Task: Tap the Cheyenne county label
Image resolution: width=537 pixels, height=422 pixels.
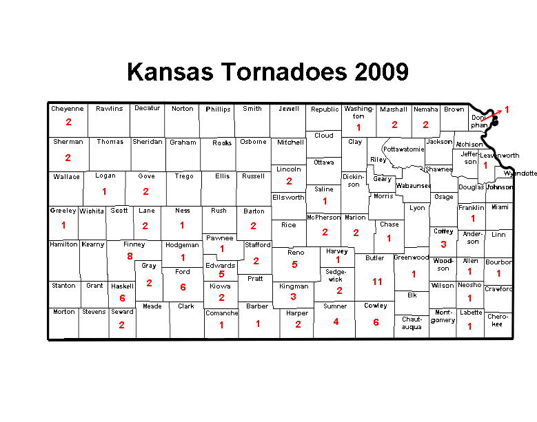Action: click(x=68, y=109)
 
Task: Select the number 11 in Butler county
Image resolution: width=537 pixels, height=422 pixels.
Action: click(x=376, y=282)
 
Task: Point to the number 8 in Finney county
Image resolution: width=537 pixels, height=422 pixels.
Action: click(x=130, y=257)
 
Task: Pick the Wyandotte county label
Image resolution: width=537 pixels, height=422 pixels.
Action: click(x=520, y=173)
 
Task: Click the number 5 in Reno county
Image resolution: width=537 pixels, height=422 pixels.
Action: click(x=294, y=264)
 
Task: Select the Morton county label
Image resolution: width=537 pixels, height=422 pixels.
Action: click(x=64, y=312)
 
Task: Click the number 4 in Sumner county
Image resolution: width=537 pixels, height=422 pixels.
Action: click(x=336, y=321)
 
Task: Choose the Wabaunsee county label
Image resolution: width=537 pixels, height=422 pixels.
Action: click(x=413, y=185)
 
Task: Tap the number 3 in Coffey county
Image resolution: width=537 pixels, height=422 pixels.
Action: click(x=443, y=244)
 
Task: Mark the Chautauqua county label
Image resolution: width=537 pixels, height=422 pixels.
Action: click(x=412, y=323)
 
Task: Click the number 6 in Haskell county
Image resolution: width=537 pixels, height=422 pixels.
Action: click(x=122, y=298)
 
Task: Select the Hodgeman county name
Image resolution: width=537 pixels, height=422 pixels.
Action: click(x=182, y=245)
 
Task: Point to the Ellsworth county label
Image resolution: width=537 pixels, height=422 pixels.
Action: click(x=288, y=198)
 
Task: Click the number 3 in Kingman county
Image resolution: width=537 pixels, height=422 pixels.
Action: click(x=293, y=297)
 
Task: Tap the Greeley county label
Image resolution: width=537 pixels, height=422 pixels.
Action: click(x=63, y=211)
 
